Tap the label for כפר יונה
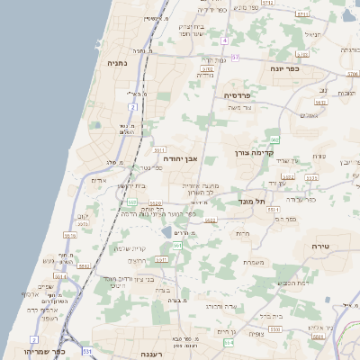pyautogui.click(x=290, y=68)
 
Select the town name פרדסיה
pyautogui.click(x=243, y=94)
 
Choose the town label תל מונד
pyautogui.click(x=251, y=202)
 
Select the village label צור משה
pyautogui.click(x=241, y=108)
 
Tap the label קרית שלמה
pyautogui.click(x=130, y=248)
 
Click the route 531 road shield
pyautogui.click(x=87, y=350)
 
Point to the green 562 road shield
pyautogui.click(x=275, y=139)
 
